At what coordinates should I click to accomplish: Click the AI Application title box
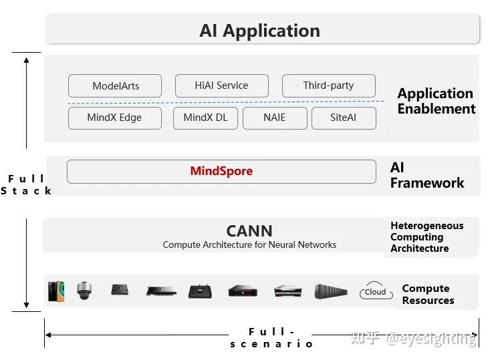coord(262,30)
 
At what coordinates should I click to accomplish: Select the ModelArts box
coord(114,86)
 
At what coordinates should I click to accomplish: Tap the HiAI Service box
coord(221,85)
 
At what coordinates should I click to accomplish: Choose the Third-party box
coord(328,85)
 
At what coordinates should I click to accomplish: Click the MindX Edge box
coord(114,118)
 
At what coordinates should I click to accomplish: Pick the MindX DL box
coord(205,118)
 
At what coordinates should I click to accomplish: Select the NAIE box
coord(274,118)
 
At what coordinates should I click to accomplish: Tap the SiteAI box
coord(344,118)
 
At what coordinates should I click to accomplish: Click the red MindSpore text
coord(221,171)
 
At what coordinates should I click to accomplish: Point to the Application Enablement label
coord(436,101)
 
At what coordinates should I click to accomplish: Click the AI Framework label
coord(426,175)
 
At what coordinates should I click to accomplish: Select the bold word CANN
coord(249,231)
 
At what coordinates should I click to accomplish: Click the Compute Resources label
coord(428,295)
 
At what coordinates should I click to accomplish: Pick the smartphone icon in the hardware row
coord(56,291)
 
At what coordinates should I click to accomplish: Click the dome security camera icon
coord(84,291)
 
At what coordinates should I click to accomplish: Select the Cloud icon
coord(375,292)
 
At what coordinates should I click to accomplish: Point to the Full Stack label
coord(27,184)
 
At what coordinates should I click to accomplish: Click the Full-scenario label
coord(271,338)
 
